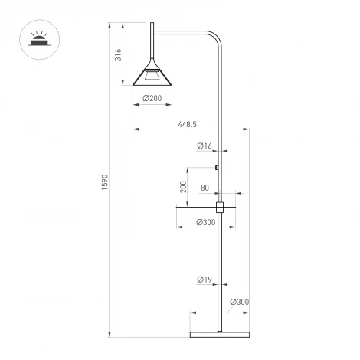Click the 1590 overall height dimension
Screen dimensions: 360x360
(x=106, y=183)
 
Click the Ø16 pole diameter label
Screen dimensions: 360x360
(x=204, y=146)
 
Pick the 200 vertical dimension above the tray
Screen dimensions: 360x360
(x=183, y=188)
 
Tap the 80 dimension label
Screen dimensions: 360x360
(x=205, y=188)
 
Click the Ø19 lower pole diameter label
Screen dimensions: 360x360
(x=204, y=280)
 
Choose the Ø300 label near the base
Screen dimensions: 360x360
(x=240, y=302)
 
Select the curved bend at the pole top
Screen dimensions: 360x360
(x=214, y=38)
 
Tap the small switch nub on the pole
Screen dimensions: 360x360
(x=218, y=168)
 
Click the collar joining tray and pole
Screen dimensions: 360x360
(x=221, y=206)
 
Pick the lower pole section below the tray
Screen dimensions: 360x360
(x=221, y=268)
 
